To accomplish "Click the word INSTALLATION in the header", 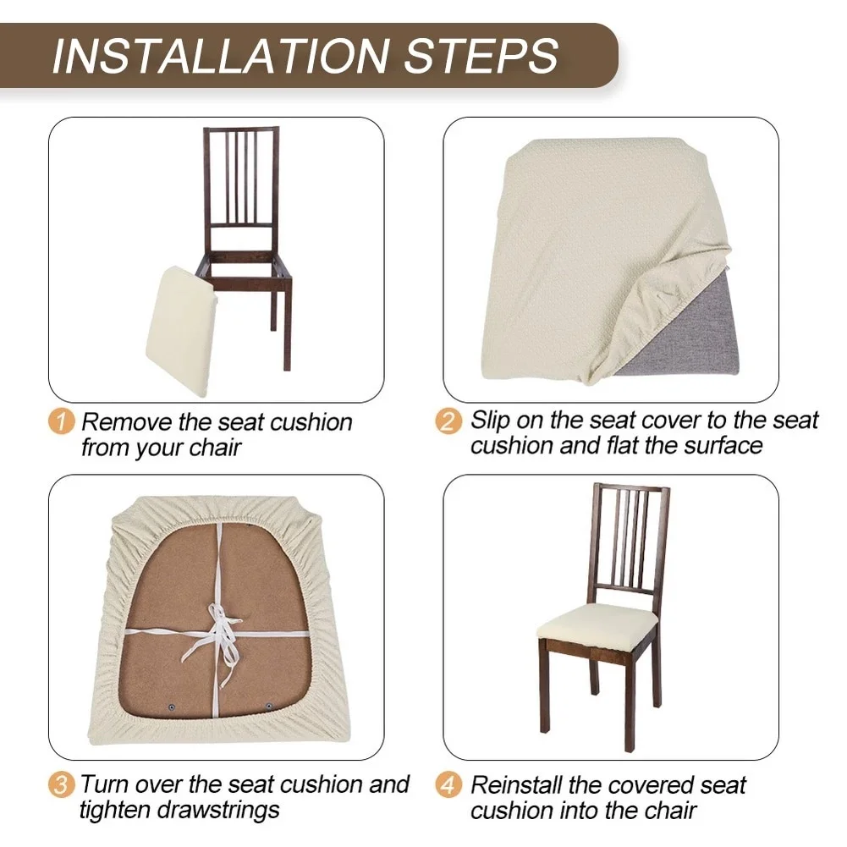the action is tap(221, 56).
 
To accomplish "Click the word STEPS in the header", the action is tap(481, 56).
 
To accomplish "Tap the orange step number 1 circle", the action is tap(62, 421).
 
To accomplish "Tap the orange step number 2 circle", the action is tap(449, 421).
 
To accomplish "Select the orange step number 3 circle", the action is tap(61, 784).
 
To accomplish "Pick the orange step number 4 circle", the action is tap(449, 785).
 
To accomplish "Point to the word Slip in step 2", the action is tap(490, 421).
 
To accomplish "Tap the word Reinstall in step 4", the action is tap(516, 785).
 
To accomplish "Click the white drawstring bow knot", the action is tap(219, 632).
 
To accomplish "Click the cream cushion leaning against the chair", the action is tap(181, 331).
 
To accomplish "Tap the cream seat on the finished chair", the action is tap(597, 622).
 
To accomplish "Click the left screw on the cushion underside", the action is tap(172, 707).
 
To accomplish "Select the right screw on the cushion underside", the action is tap(268, 706).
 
